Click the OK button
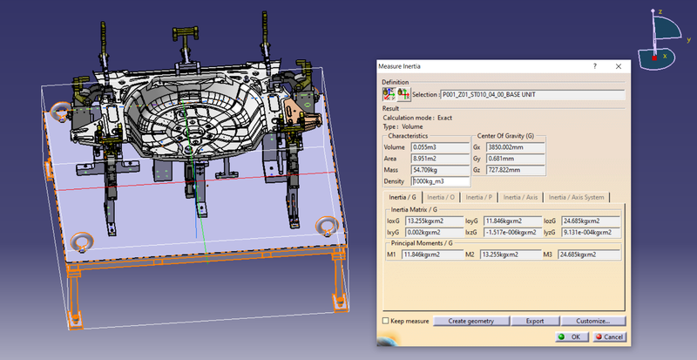click(570, 336)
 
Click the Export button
click(533, 321)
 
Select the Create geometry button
click(470, 321)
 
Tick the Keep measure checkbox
click(387, 321)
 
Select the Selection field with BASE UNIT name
click(532, 93)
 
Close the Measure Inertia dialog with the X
click(618, 66)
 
